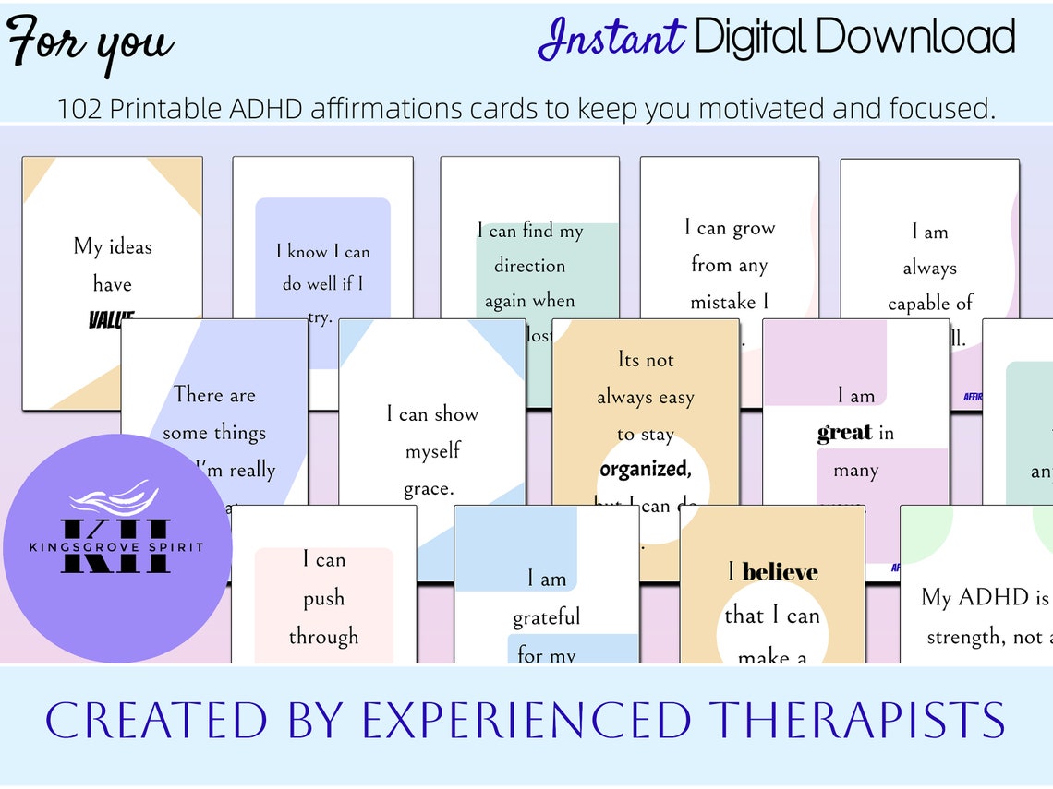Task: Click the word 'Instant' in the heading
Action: (x=611, y=39)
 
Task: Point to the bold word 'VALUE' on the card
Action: (x=112, y=320)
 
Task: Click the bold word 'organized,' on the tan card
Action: (x=645, y=469)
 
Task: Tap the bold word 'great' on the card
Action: (x=844, y=433)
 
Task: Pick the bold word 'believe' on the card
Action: (x=780, y=572)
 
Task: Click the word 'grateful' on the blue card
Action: (x=547, y=616)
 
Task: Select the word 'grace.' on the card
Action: (x=429, y=488)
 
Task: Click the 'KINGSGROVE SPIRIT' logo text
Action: (x=116, y=547)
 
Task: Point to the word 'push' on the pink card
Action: (x=323, y=598)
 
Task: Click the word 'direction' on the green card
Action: (x=529, y=266)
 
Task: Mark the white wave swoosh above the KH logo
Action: (x=108, y=499)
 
